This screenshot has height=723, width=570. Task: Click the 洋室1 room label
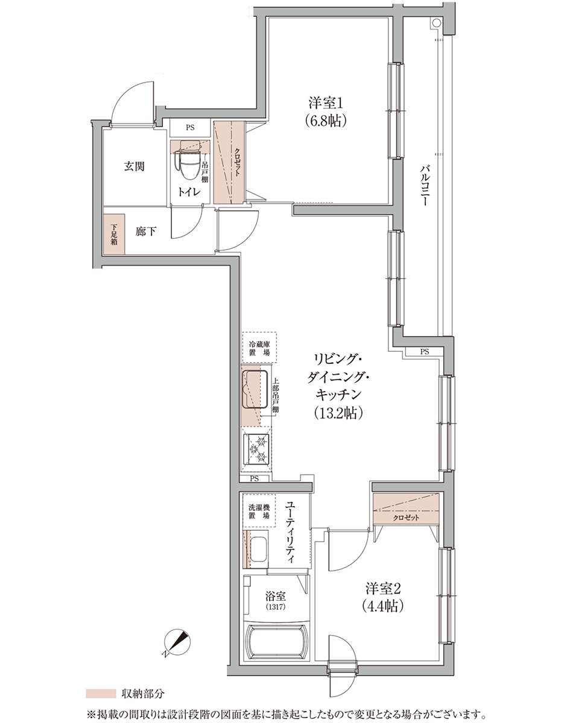tap(325, 104)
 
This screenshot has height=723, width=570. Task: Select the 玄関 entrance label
tap(134, 166)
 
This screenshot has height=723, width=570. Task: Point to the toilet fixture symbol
tap(190, 161)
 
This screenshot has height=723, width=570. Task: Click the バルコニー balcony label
tap(423, 184)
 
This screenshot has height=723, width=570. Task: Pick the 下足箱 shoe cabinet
tap(114, 234)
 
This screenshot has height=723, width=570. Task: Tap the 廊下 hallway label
tap(146, 231)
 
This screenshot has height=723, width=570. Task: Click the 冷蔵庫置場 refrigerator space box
tap(259, 348)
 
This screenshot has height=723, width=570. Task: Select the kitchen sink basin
tap(255, 389)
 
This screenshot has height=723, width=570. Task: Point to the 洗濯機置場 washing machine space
tap(258, 511)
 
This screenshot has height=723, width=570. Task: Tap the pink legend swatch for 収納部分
tap(101, 693)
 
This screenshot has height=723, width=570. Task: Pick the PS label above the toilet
tap(190, 128)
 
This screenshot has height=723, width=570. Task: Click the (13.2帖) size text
tap(338, 413)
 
